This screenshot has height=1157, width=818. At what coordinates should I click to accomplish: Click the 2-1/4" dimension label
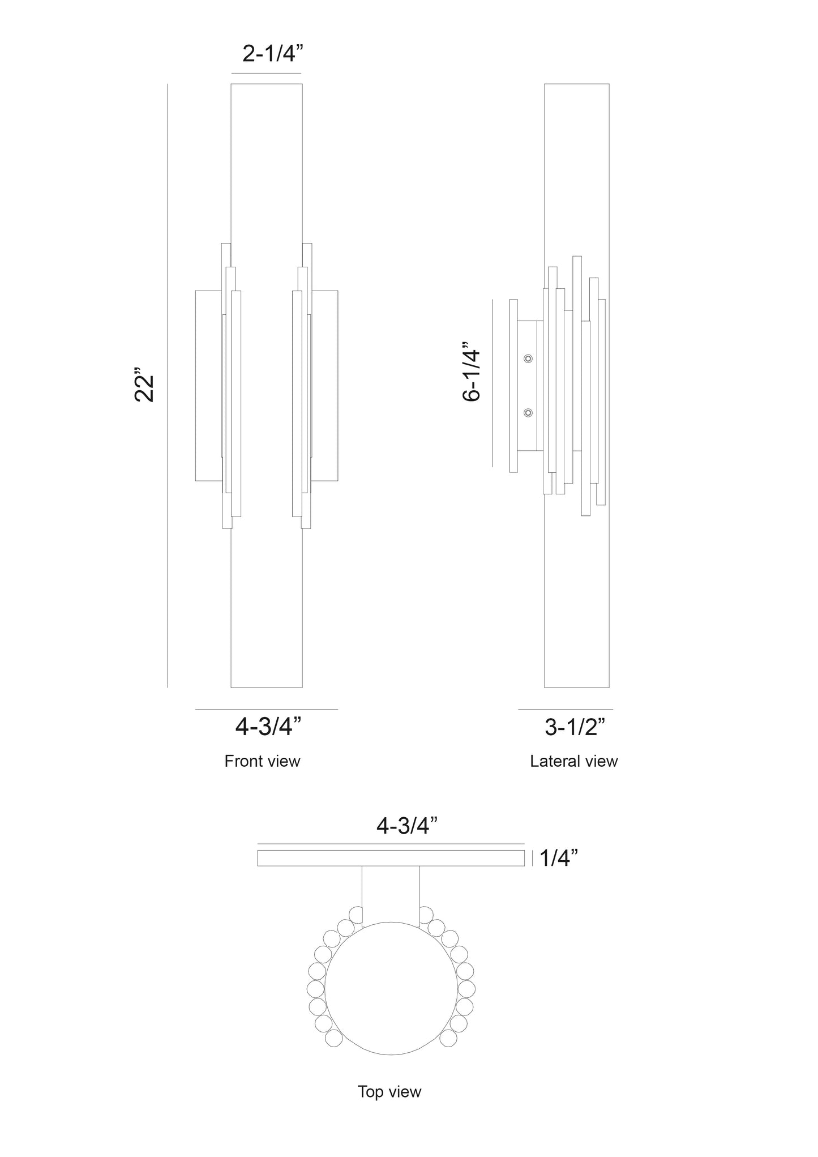tap(273, 54)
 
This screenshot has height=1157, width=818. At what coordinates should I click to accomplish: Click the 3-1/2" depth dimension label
tap(575, 727)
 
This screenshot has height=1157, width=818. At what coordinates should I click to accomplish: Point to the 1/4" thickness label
tap(559, 858)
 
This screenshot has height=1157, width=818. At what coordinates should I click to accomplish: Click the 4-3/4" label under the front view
tap(268, 727)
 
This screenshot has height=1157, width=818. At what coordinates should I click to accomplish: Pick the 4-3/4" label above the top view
tap(408, 826)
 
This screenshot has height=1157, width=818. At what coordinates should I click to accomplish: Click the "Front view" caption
tap(262, 761)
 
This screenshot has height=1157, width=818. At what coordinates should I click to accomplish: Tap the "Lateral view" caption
tap(573, 761)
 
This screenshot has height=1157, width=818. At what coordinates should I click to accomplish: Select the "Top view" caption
tap(389, 1091)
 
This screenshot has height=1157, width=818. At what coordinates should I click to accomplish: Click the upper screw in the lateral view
tap(528, 358)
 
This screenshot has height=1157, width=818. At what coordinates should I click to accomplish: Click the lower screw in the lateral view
tap(528, 413)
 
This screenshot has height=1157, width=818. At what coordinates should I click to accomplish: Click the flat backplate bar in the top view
tap(391, 858)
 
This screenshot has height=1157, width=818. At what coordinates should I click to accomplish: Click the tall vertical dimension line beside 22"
tap(168, 385)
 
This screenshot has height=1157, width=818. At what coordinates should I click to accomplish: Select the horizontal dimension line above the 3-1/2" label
tap(565, 709)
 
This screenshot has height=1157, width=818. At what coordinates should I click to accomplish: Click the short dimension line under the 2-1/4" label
tap(266, 74)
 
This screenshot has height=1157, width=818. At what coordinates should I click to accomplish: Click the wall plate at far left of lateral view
tap(513, 385)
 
